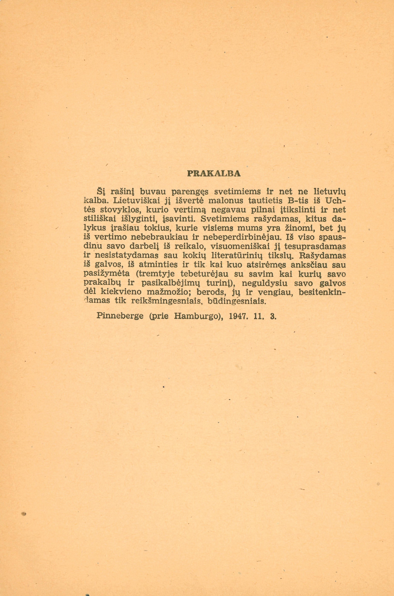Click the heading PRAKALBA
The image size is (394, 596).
(x=214, y=174)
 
